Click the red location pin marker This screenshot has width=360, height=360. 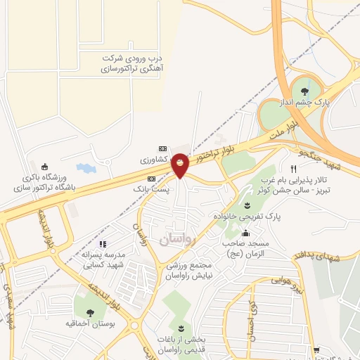[x=180, y=163]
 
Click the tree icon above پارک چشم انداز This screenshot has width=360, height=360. [x=304, y=91]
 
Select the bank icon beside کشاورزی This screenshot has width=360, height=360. [x=163, y=149]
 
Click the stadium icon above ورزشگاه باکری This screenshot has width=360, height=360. [x=46, y=167]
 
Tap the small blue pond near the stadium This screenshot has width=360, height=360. [x=85, y=169]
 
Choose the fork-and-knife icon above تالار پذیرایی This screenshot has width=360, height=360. [x=294, y=169]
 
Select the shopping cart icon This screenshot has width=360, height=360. [x=317, y=349]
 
